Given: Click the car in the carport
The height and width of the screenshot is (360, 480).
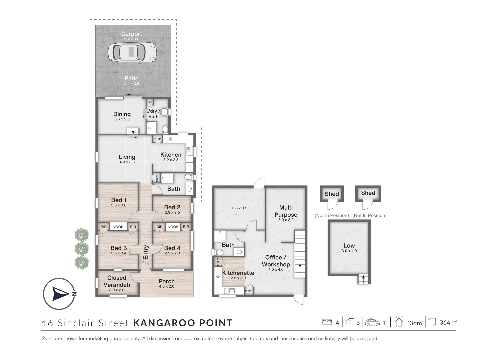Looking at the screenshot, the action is pos(132,52).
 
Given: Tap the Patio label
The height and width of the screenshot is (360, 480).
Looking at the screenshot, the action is pos(131,78).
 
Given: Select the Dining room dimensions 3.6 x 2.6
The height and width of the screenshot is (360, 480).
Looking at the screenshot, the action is pos(122,119).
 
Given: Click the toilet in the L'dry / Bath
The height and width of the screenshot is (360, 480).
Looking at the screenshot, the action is pos(165,129).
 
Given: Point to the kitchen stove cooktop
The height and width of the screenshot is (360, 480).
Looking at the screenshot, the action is pos(170,139).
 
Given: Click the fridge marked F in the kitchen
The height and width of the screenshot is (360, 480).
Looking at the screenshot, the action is pos(189,167).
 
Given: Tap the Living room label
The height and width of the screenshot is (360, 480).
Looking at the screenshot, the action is pos(127,157).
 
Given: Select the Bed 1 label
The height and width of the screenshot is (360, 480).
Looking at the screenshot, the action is pos(119,200).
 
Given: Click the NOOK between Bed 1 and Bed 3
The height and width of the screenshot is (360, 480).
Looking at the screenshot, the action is pos(118,227).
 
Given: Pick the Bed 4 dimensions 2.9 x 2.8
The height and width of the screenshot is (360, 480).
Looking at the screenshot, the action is pos(172,253).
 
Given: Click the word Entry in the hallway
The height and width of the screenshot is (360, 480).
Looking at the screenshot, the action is pos(146,252).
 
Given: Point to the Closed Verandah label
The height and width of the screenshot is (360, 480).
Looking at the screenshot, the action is pos(117,281).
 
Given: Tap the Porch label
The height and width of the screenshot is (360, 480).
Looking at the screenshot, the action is pos(167,281).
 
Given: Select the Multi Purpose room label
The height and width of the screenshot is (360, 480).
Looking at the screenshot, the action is pos(286,211).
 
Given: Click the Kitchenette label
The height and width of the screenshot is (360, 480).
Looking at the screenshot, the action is pos(238,273).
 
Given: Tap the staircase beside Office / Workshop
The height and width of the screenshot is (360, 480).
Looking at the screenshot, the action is pos(300,254).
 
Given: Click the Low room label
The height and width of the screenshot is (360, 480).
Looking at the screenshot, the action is pos(349,245).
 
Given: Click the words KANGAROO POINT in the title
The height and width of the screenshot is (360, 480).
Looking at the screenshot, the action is pos(183,323).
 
